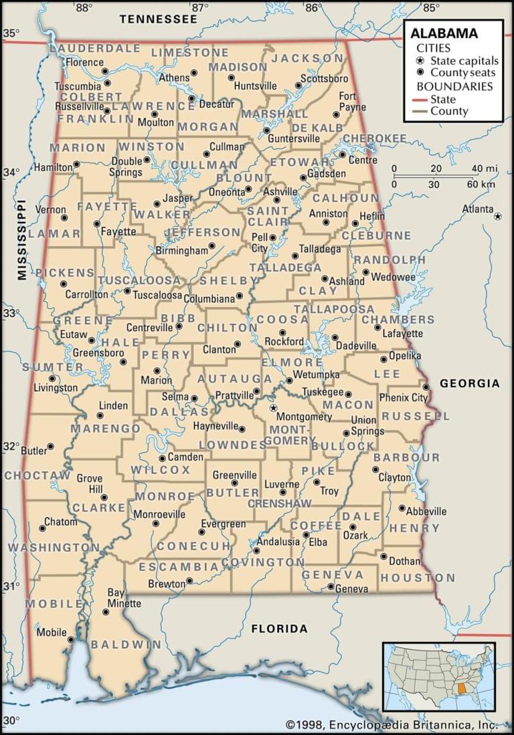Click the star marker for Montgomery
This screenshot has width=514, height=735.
(x=272, y=407)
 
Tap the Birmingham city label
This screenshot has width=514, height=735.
(x=181, y=250)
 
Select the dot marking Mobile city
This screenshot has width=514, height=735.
(x=70, y=639)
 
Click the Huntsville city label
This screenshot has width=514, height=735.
(x=255, y=86)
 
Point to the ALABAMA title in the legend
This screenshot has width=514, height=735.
(x=444, y=33)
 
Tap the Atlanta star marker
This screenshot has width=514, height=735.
(x=498, y=216)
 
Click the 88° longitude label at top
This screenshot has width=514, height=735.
(x=83, y=8)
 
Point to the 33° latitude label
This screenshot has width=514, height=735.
(x=9, y=313)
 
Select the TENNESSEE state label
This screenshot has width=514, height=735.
(x=159, y=19)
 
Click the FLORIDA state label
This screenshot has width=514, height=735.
(x=279, y=629)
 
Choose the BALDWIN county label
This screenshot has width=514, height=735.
(x=126, y=645)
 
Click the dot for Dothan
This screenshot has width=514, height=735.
(x=383, y=556)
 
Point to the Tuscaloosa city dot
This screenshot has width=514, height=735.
(x=127, y=291)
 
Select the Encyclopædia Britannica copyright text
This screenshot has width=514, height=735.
(x=392, y=724)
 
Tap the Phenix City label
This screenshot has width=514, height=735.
(x=403, y=397)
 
